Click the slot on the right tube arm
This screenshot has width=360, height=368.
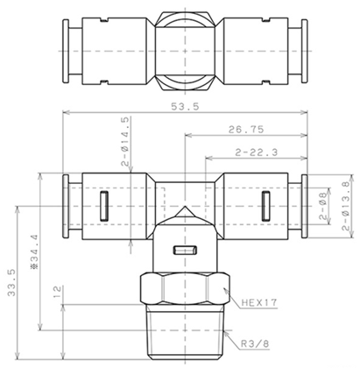tap(264, 208)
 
